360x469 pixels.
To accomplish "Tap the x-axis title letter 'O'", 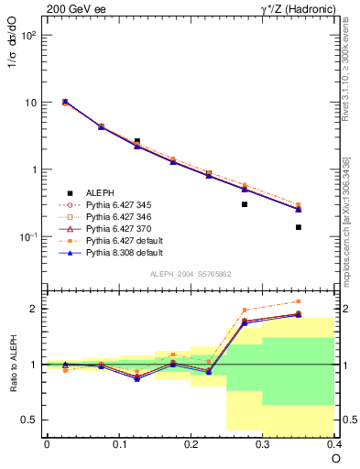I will pyautogui.click(x=335, y=458).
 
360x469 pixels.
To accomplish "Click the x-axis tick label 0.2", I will pyautogui.click(x=191, y=444).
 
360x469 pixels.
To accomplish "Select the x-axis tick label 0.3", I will pyautogui.click(x=263, y=444).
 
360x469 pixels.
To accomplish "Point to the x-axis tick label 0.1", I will pyautogui.click(x=118, y=444).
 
